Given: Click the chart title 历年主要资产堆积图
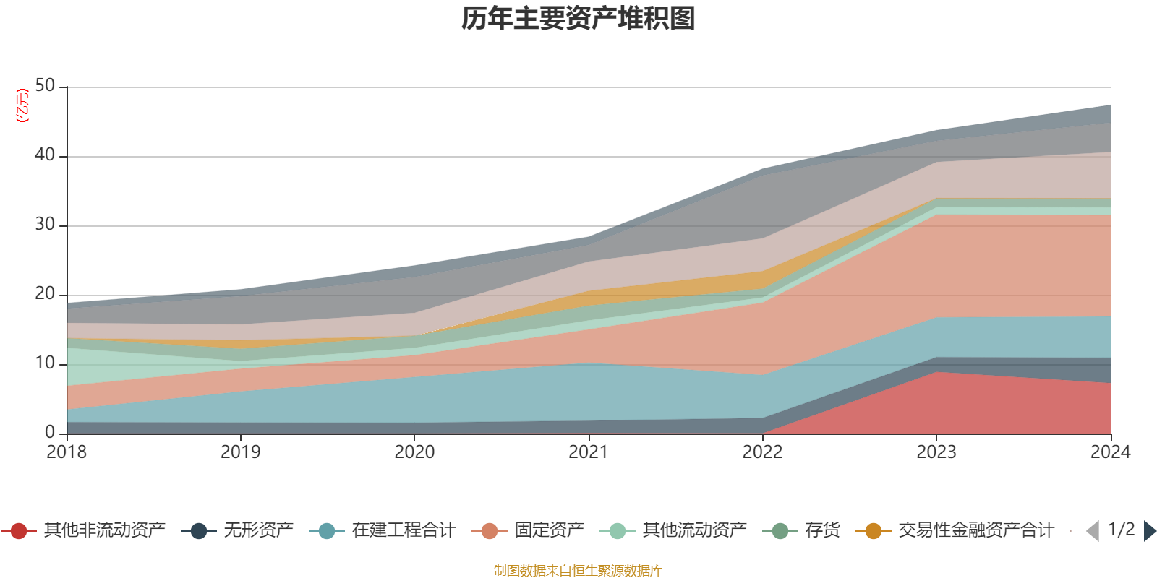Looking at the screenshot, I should click(x=578, y=19).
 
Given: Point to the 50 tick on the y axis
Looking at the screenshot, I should click(x=45, y=85).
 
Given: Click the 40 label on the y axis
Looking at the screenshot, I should click(x=45, y=155).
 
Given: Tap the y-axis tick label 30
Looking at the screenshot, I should click(x=45, y=224).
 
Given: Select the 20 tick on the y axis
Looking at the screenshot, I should click(x=45, y=293).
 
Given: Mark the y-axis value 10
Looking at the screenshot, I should click(x=45, y=363).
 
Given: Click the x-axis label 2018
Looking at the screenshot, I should click(x=67, y=452).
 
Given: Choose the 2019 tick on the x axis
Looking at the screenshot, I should click(x=240, y=452).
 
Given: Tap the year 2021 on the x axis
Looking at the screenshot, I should click(x=588, y=452).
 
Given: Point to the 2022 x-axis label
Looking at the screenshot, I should click(x=762, y=452).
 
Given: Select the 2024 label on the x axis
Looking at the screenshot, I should click(x=1110, y=452).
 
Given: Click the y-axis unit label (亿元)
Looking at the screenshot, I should click(x=22, y=105).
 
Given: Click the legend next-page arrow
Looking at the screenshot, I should click(x=1149, y=531).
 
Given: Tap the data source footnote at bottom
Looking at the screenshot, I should click(x=578, y=571).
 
